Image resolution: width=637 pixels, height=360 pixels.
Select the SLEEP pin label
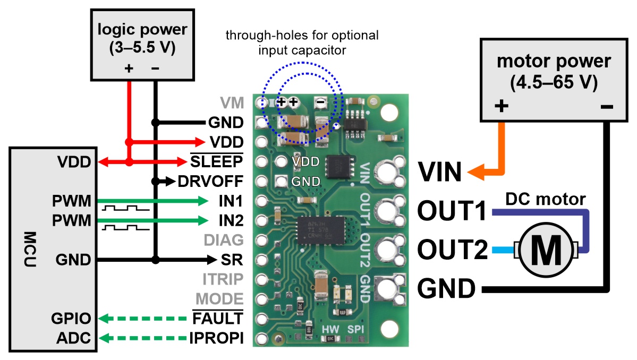217,161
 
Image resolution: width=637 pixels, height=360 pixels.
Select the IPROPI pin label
217,338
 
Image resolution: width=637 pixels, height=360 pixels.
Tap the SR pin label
232,260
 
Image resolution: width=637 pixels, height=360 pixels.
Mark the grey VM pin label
232,102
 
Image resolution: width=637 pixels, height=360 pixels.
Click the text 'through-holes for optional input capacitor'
302,43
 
